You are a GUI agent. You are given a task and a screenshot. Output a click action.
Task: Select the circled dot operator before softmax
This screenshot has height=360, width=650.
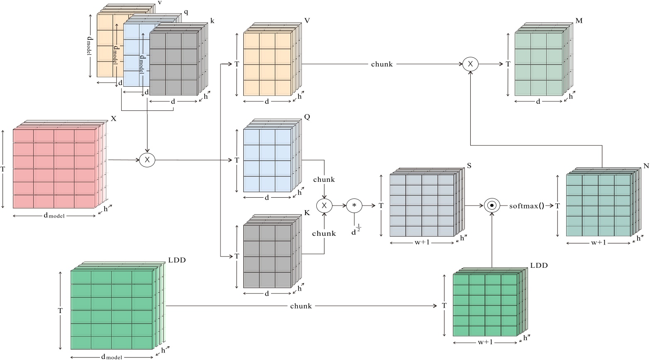491,206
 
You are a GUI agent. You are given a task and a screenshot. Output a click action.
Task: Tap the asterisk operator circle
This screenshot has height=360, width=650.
354,205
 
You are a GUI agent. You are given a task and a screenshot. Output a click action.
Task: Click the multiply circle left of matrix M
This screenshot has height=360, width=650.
470,64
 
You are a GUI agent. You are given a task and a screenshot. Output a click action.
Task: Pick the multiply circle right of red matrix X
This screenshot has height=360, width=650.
147,160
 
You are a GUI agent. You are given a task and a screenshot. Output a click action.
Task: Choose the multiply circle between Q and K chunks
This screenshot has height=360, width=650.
325,205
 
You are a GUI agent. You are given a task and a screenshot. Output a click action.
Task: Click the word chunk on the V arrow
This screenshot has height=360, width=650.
382,64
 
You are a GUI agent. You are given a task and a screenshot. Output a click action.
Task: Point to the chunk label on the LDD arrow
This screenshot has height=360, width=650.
301,306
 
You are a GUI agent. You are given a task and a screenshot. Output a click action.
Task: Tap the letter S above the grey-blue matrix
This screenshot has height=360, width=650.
469,166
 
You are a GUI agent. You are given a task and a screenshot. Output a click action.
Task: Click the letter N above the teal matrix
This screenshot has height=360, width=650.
646,166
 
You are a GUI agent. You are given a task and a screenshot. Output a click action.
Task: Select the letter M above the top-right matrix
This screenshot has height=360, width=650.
579,21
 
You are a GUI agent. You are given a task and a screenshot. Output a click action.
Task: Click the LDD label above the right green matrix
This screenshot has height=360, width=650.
539,265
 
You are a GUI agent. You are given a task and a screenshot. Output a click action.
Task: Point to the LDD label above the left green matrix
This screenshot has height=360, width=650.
177,260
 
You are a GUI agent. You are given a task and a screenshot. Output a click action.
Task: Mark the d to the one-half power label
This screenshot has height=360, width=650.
356,231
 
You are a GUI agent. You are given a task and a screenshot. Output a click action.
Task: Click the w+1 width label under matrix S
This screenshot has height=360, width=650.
422,242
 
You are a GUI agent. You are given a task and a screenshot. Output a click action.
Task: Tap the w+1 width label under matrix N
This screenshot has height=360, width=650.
598,242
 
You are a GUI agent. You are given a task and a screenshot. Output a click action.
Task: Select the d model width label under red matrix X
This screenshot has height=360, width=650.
54,216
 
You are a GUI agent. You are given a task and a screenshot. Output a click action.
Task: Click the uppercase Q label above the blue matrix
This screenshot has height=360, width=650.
307,117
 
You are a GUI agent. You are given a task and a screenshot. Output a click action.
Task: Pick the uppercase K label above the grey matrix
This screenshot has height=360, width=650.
307,213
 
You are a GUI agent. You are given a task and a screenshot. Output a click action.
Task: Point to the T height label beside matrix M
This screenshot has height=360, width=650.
508,64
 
